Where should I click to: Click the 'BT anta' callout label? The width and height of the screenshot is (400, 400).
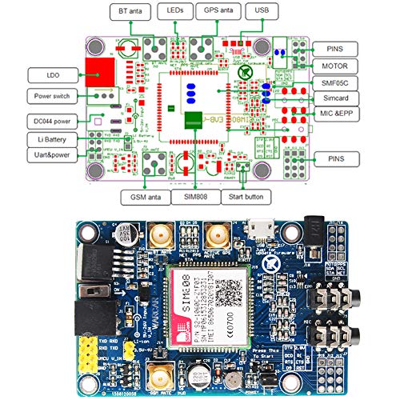[130, 11]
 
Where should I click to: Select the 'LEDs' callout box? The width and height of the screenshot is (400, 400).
[175, 11]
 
